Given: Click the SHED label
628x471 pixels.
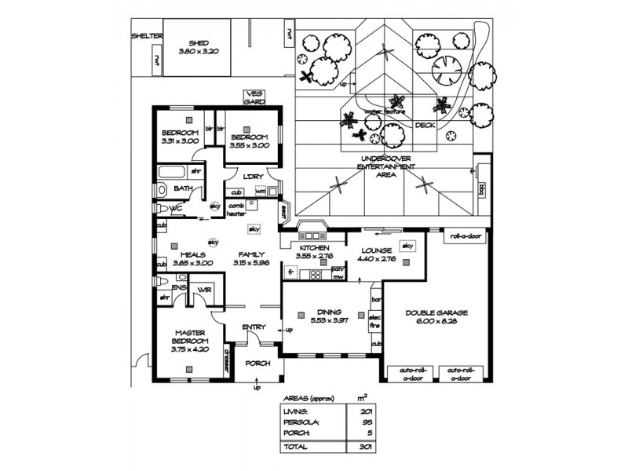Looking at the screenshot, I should point(192,43).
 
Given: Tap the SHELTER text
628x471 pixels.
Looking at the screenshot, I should point(147,36).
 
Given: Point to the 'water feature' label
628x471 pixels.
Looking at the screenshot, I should point(385,112).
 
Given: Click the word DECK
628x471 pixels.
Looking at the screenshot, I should point(425,125).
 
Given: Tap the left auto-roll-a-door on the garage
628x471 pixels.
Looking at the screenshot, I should point(406,372).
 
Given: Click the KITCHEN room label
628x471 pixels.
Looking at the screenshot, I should point(314,248).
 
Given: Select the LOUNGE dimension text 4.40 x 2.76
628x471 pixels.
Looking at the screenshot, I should point(377,257).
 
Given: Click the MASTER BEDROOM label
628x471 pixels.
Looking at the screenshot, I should point(190,337).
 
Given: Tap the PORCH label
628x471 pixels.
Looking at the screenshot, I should point(257,363).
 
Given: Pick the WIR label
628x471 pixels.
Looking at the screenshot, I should point(206,290).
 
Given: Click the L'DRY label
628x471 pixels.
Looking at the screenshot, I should point(252,176).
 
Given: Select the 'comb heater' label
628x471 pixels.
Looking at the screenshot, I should point(237,209).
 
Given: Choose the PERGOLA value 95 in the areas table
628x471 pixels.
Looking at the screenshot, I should point(365,421).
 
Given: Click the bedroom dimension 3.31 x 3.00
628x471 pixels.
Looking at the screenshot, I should point(181,141).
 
